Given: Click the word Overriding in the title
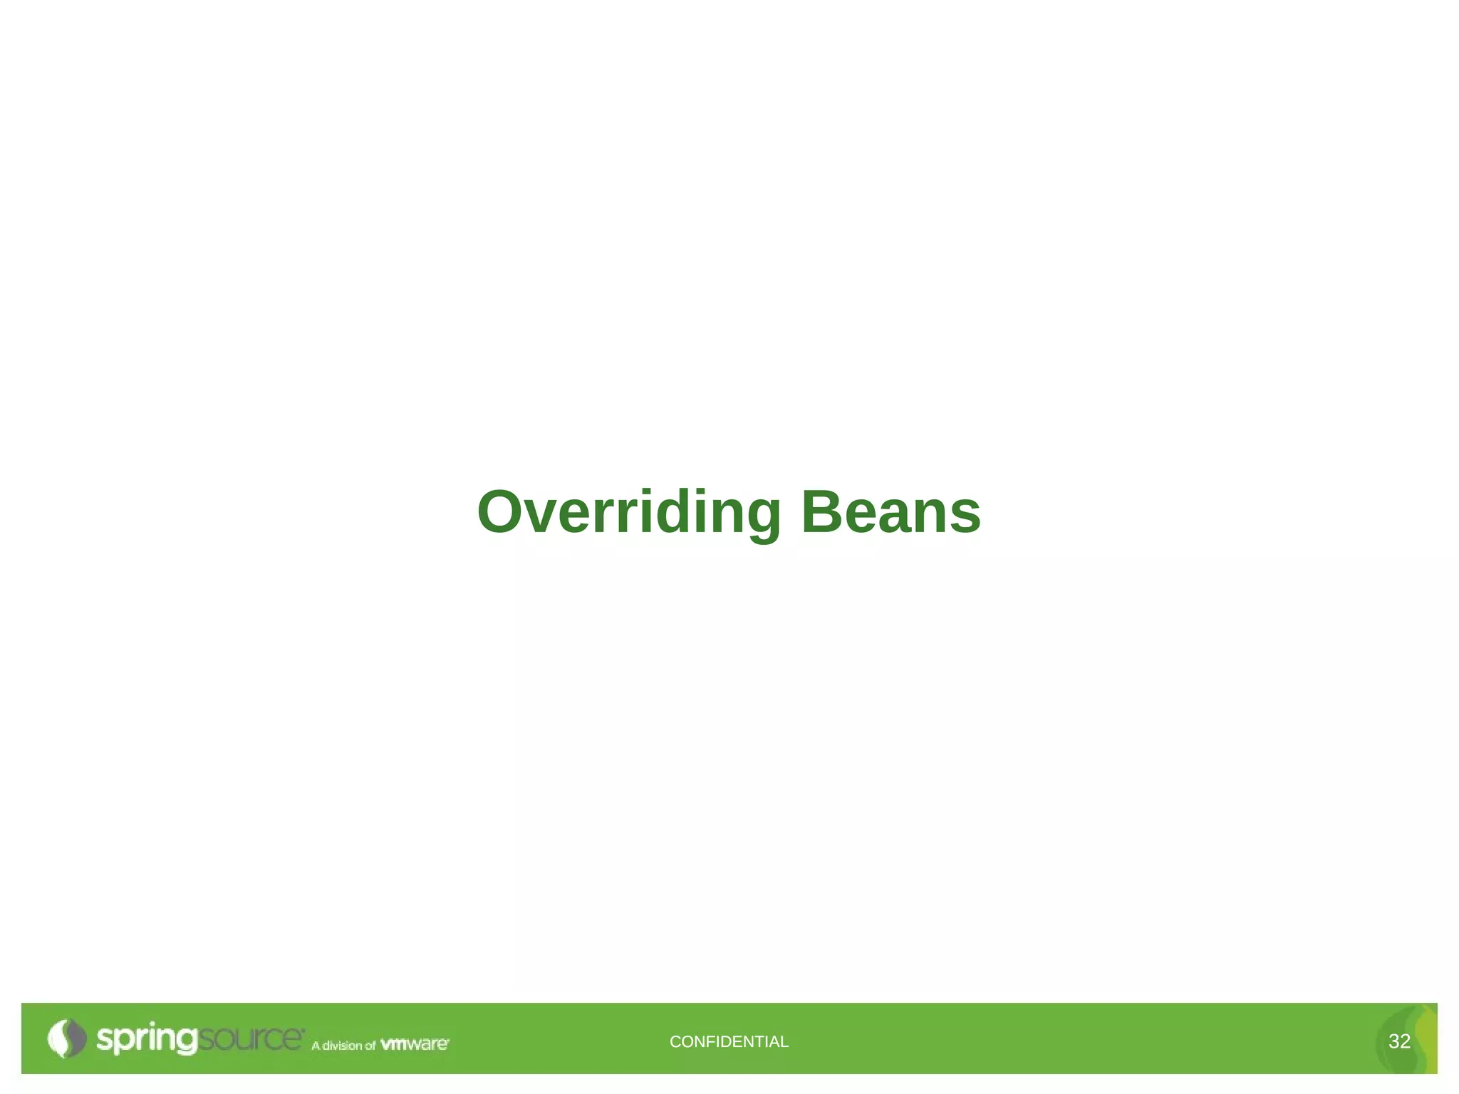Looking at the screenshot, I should click(x=629, y=512).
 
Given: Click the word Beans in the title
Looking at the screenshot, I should click(x=891, y=512).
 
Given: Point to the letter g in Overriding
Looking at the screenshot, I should click(x=762, y=519).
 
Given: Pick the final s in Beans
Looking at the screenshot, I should click(x=965, y=516).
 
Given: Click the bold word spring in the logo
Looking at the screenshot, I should click(x=146, y=1039).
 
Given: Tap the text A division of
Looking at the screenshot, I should click(x=343, y=1045).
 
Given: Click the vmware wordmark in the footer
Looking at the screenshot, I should click(x=414, y=1044).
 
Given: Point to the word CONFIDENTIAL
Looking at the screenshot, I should click(x=729, y=1041).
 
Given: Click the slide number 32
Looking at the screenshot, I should click(x=1399, y=1041).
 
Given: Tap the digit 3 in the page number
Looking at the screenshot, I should click(x=1393, y=1041).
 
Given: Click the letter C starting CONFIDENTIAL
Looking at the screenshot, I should click(x=675, y=1041).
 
